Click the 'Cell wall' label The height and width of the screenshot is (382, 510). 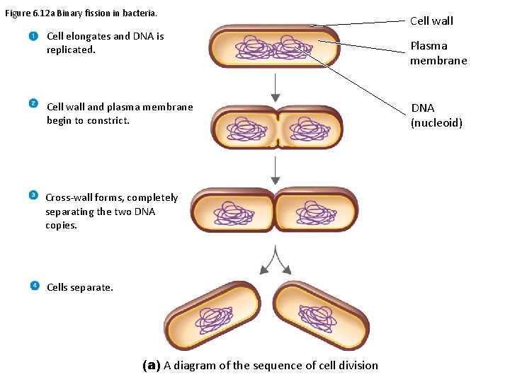click(431, 21)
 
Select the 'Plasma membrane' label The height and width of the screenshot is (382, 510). click(438, 53)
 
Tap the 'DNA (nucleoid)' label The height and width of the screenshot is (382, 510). click(436, 115)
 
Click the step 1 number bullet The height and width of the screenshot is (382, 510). click(33, 36)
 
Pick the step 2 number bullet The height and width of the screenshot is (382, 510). click(33, 103)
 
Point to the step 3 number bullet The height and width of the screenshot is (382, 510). click(33, 195)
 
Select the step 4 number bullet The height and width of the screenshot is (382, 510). click(35, 286)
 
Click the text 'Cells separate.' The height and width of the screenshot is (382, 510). click(79, 287)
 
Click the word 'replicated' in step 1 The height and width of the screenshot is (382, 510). click(70, 50)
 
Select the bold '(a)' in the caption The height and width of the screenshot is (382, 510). click(151, 365)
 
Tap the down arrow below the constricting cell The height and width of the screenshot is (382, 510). click(276, 170)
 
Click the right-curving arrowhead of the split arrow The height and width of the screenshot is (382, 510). click(286, 269)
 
